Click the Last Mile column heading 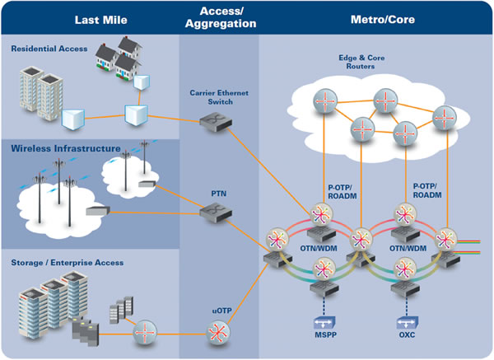click(101, 18)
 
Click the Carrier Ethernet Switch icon click(211, 121)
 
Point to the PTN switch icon click(212, 213)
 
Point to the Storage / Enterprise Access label click(67, 262)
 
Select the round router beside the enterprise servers click(146, 331)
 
